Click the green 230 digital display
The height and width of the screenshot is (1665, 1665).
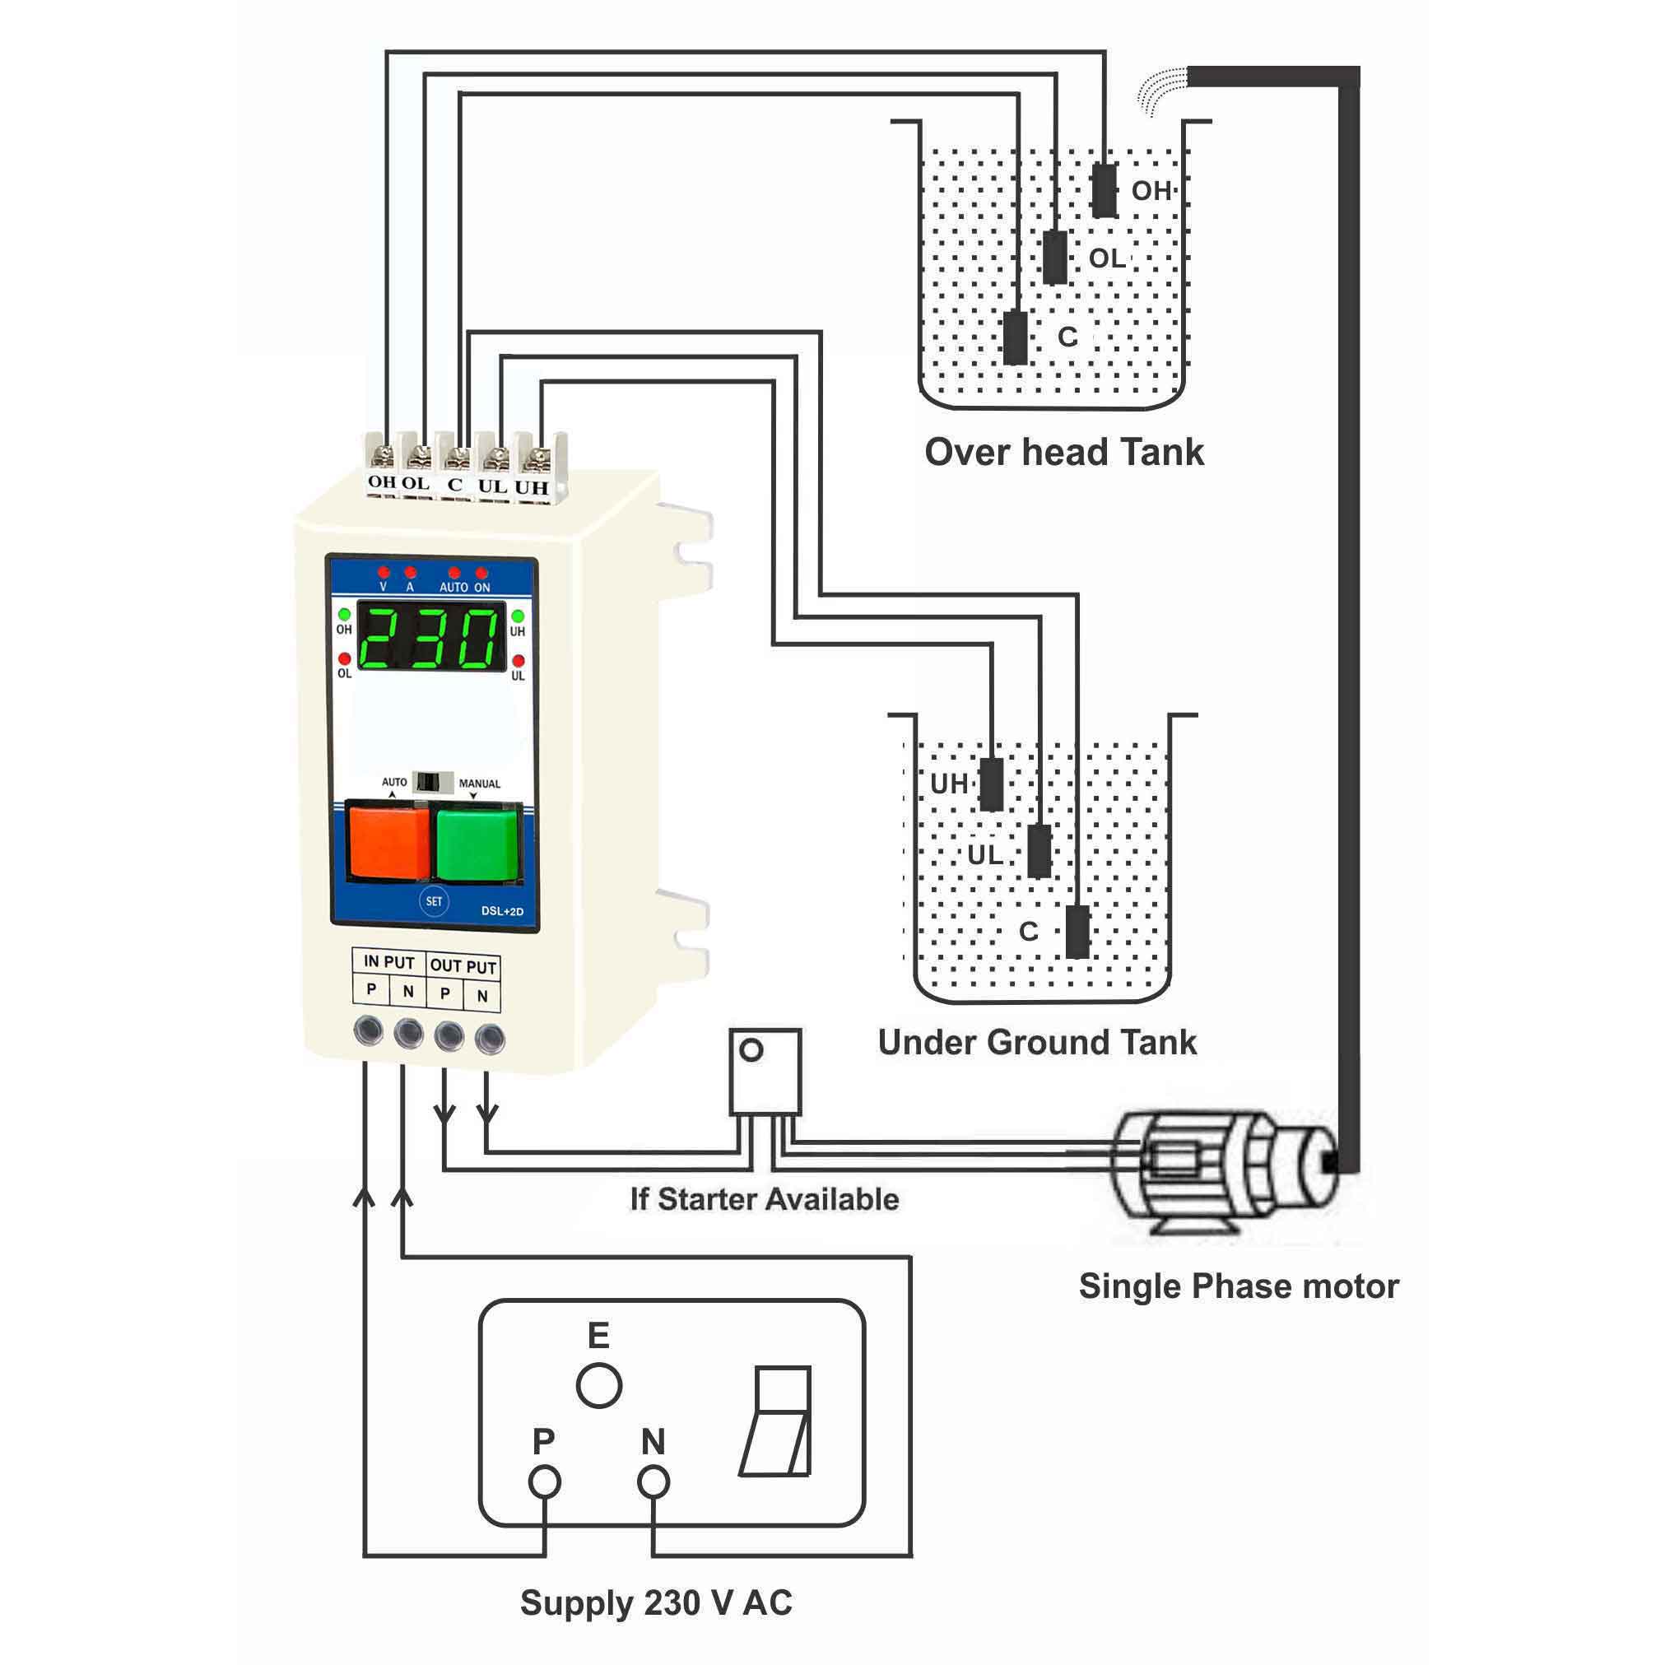tap(431, 638)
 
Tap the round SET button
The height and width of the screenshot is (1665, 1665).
tap(434, 901)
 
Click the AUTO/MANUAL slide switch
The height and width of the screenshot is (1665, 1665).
tap(433, 782)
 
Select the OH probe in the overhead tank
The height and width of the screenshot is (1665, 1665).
tap(1104, 190)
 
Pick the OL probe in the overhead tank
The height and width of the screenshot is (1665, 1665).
tap(1055, 257)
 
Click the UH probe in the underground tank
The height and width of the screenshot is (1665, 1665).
tap(992, 784)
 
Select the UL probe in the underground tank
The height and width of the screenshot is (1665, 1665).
tap(1039, 850)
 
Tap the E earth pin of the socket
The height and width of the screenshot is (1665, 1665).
tap(599, 1386)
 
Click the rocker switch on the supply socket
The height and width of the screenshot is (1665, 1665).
tap(777, 1421)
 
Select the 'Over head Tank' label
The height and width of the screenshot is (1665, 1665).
tap(1063, 453)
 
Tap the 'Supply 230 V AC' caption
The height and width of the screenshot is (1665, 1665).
tap(656, 1603)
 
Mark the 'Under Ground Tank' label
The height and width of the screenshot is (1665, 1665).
tap(1037, 1043)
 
